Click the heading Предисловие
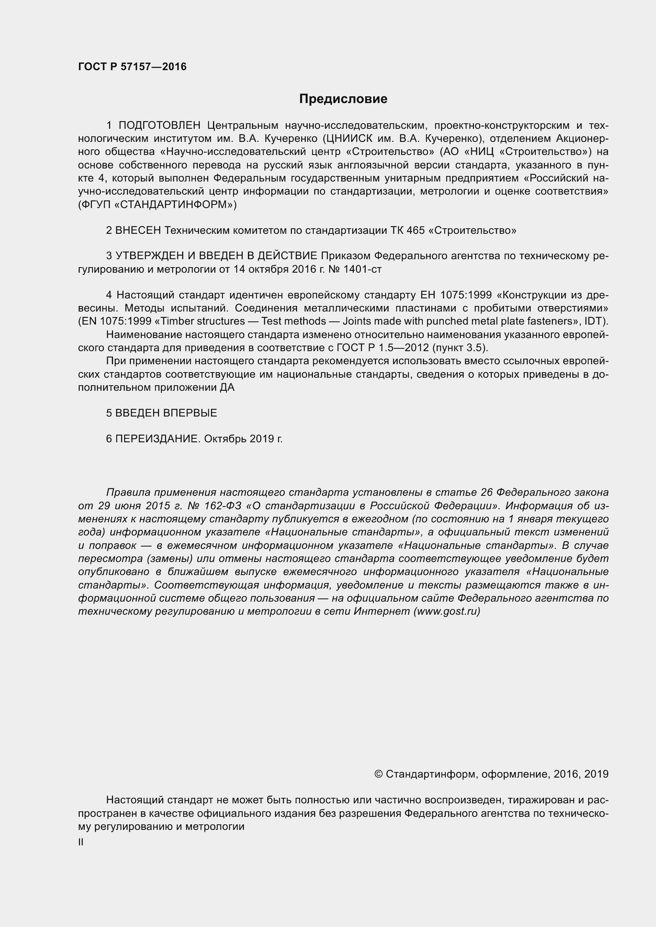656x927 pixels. click(x=343, y=99)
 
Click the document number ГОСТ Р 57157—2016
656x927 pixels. click(x=132, y=67)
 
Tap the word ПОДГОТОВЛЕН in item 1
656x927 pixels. click(x=159, y=126)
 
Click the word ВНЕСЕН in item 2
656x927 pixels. click(x=138, y=231)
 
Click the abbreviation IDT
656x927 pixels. click(x=596, y=321)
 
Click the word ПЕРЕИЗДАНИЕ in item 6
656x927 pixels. click(x=157, y=439)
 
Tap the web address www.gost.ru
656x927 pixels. click(x=447, y=611)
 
